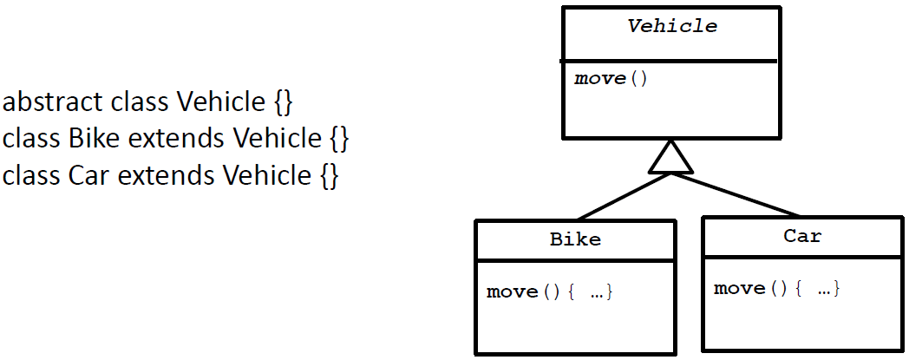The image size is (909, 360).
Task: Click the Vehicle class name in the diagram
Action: coord(672,26)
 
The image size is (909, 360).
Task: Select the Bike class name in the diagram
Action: coord(575,239)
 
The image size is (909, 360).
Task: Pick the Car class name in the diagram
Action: coord(802,236)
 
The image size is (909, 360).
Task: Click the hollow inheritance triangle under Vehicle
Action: coord(670,158)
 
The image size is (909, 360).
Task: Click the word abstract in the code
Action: coord(55,102)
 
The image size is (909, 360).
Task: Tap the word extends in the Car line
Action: coord(167,175)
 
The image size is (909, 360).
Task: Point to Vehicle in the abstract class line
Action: coord(221,102)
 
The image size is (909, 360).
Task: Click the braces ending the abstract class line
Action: coord(284,103)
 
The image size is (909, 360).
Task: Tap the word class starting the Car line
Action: coord(31,175)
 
